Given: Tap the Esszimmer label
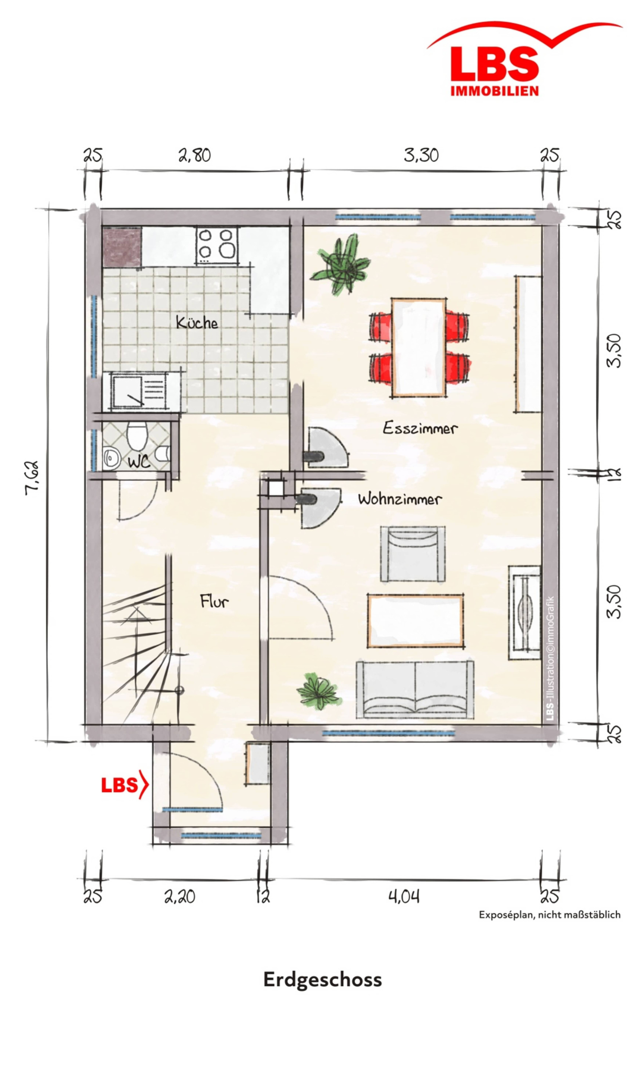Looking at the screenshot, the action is pos(420,428).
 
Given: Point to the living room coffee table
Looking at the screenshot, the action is pos(415,621).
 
